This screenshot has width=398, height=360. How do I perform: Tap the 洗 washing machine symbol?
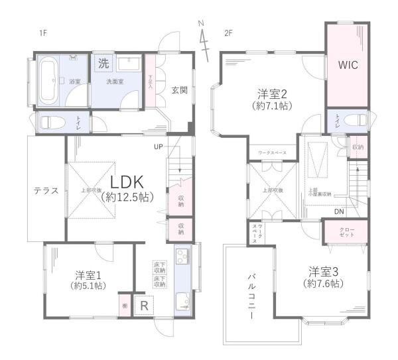(x=103, y=64)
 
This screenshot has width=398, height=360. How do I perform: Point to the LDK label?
(x=128, y=183)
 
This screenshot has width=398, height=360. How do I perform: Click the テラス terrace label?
(x=46, y=190)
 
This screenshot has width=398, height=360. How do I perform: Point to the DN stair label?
(x=339, y=212)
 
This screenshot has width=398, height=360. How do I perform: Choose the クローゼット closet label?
(x=336, y=233)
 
